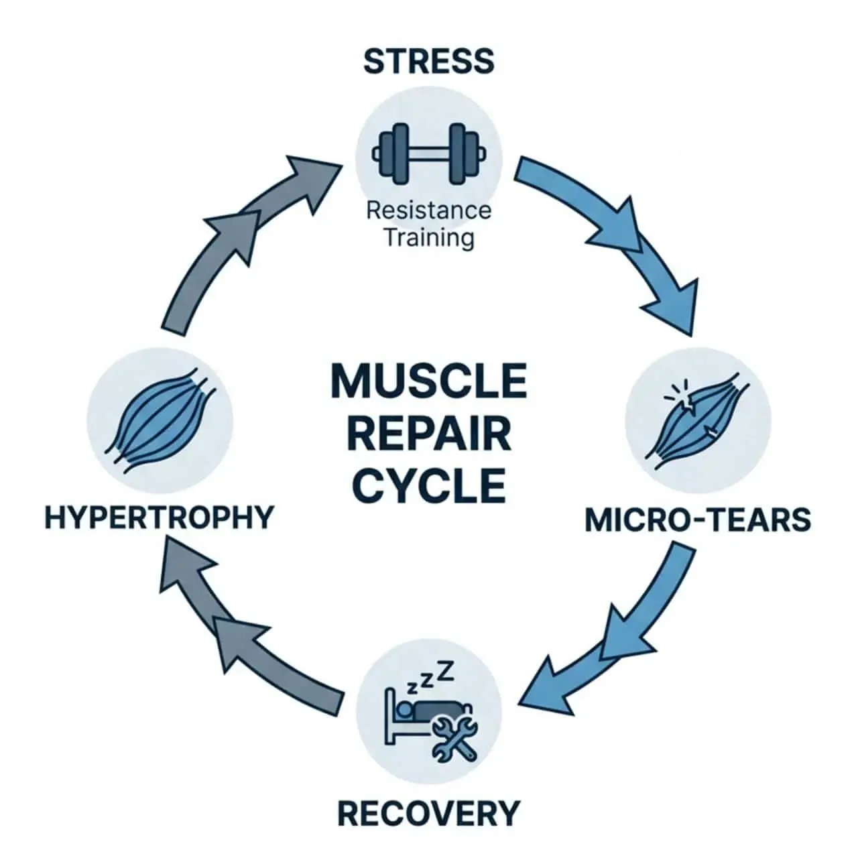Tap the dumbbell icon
pyautogui.click(x=429, y=154)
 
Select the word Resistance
pyautogui.click(x=429, y=210)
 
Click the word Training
pyautogui.click(x=429, y=238)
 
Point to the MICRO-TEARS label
pyautogui.click(x=697, y=519)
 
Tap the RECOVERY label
pyautogui.click(x=429, y=814)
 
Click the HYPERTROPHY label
pyautogui.click(x=158, y=517)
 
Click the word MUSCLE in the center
pyautogui.click(x=429, y=381)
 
